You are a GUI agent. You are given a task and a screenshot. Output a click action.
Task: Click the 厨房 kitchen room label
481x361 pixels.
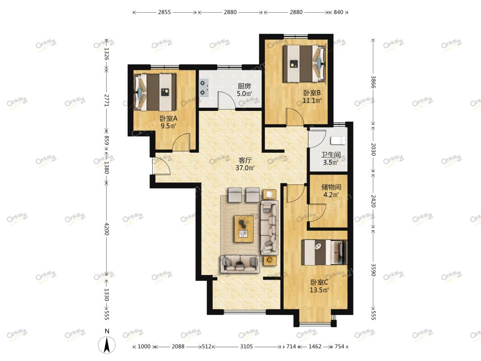point(244,86)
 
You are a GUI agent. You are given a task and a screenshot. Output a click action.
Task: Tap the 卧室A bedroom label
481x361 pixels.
point(169,118)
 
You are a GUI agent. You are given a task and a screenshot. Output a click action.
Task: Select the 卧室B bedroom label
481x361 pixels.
point(312,93)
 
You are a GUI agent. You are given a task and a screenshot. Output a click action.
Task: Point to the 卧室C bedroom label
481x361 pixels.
point(319,283)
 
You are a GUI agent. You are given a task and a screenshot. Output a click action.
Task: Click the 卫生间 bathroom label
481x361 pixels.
point(331,155)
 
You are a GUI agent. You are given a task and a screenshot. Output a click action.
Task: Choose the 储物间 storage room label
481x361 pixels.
point(331,187)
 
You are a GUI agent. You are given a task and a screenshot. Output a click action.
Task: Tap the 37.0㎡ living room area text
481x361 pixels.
point(245,168)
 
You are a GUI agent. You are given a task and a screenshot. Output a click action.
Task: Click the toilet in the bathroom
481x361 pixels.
point(338,141)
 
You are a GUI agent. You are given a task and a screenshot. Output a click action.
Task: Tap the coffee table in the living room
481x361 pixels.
point(244,229)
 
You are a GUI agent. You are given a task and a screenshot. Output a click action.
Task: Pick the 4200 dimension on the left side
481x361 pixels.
point(107,229)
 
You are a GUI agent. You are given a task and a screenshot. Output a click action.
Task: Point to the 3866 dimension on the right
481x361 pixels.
point(373,82)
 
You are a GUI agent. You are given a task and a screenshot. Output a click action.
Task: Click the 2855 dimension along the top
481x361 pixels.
point(164,12)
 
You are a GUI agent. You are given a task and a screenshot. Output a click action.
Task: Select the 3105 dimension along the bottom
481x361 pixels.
point(246,346)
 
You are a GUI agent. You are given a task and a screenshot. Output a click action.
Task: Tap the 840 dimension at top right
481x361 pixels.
point(338,12)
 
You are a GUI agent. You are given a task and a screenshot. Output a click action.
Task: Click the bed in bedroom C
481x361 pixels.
point(324,252)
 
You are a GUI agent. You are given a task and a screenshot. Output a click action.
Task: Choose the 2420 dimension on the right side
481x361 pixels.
point(373,201)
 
